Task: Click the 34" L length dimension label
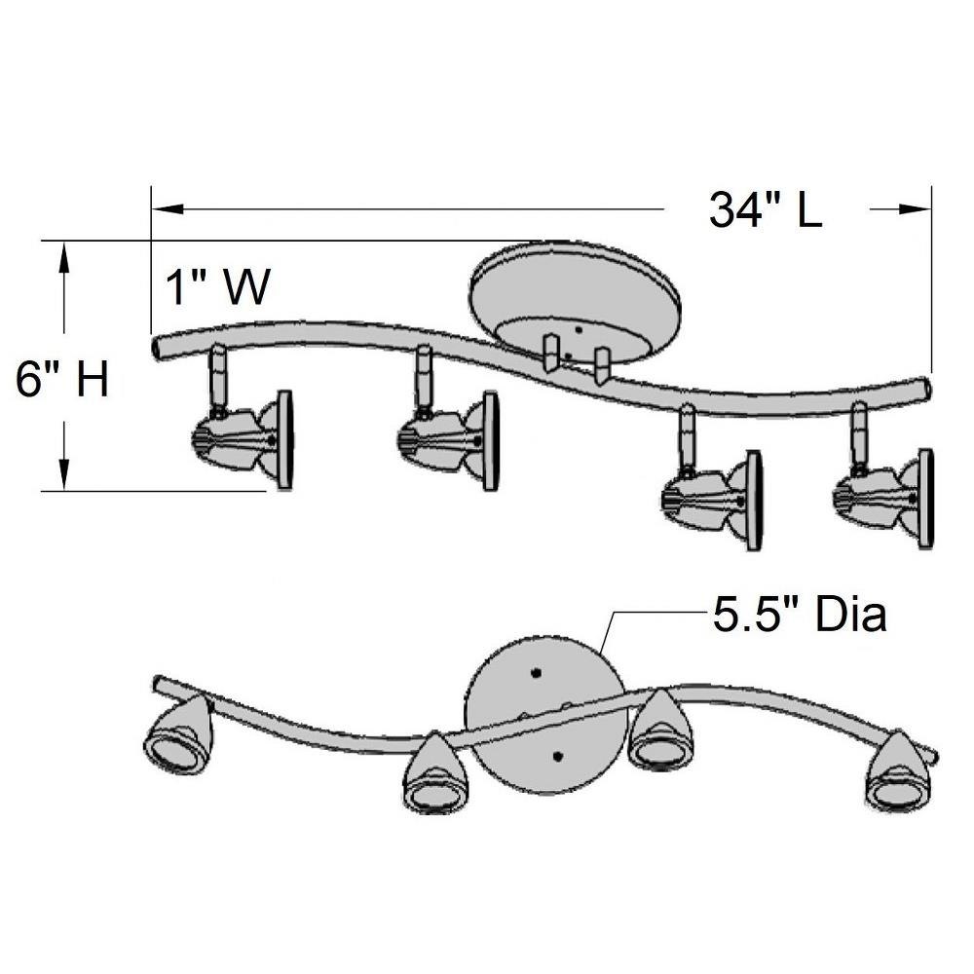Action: pyautogui.click(x=766, y=210)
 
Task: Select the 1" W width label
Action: pyautogui.click(x=218, y=287)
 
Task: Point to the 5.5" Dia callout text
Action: pyautogui.click(x=800, y=615)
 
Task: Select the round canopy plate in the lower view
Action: pyautogui.click(x=545, y=714)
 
